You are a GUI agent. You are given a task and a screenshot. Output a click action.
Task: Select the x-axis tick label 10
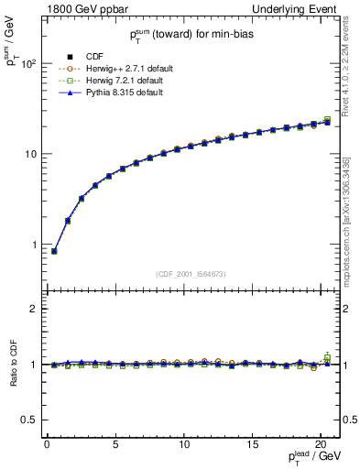pyautogui.click(x=183, y=444)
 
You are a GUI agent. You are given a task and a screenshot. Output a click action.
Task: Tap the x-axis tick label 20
pyautogui.click(x=320, y=444)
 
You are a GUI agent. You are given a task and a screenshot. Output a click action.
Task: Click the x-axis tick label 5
pyautogui.click(x=115, y=444)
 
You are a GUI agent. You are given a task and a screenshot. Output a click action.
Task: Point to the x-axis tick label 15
pyautogui.click(x=252, y=444)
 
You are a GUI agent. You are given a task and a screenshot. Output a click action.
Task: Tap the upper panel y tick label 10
pyautogui.click(x=30, y=154)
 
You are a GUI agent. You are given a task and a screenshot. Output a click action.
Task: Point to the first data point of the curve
pyautogui.click(x=54, y=251)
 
